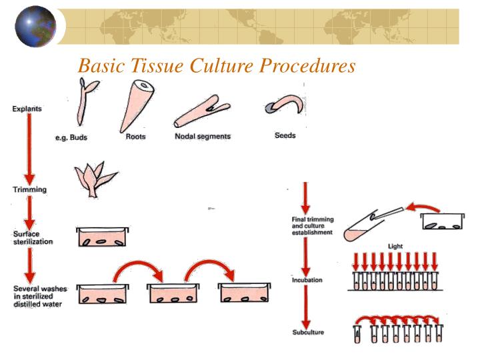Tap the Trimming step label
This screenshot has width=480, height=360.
click(30, 189)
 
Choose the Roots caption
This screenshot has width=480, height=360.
click(136, 137)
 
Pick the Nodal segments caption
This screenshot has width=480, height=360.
click(203, 137)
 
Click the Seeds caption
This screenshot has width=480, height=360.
click(285, 135)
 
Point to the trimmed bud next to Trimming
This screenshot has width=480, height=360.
click(93, 178)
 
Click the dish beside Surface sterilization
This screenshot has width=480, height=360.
click(102, 237)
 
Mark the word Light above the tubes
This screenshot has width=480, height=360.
click(395, 247)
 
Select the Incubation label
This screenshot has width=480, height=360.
click(307, 280)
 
